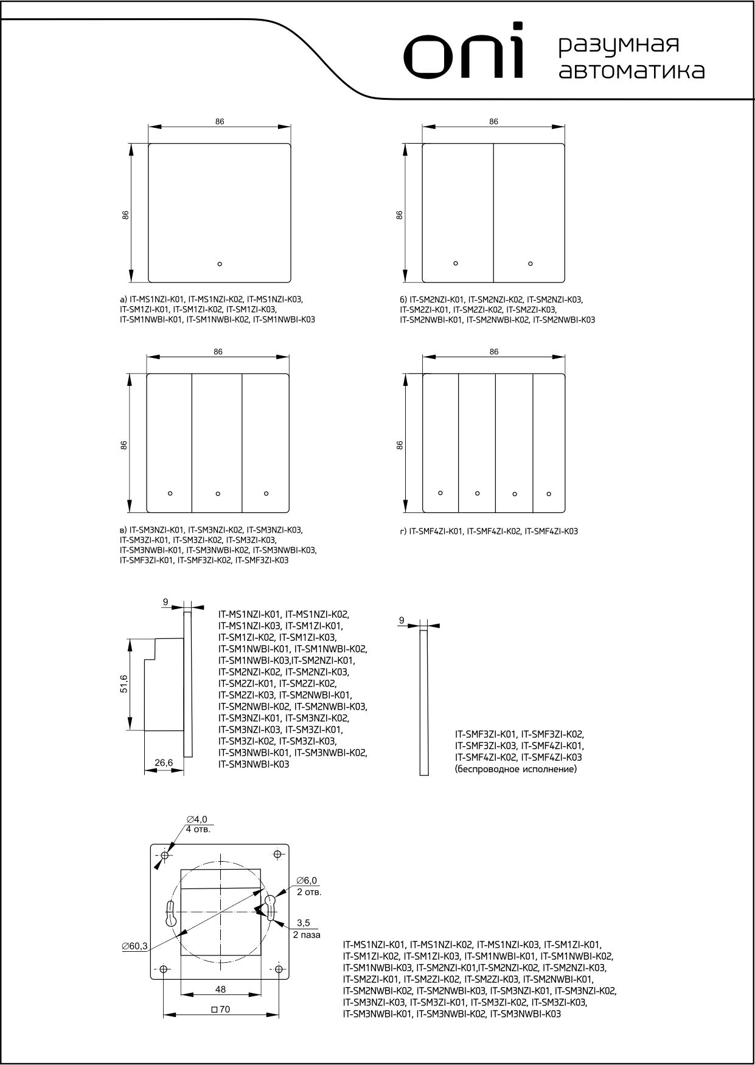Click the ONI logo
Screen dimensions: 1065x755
[465, 53]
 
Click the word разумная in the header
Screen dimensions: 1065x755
[618, 45]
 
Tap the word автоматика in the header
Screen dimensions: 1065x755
[632, 71]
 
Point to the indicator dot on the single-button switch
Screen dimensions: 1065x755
[220, 264]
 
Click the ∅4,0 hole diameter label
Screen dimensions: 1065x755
[197, 820]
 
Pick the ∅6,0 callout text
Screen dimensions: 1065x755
[307, 881]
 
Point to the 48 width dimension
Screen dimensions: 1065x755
[221, 990]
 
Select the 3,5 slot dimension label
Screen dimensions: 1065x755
[304, 923]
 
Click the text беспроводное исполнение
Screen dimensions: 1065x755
[516, 769]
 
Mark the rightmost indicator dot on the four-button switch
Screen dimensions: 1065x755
[549, 493]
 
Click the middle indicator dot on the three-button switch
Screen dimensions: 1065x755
[218, 493]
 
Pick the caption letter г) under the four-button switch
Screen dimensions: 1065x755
[403, 531]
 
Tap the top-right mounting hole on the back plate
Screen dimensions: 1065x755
[278, 854]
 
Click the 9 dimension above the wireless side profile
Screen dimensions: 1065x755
[402, 620]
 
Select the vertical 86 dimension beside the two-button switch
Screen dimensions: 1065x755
[399, 215]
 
